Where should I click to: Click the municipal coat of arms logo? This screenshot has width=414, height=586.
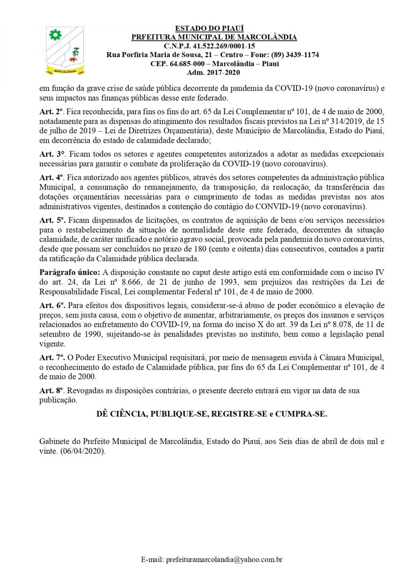64,50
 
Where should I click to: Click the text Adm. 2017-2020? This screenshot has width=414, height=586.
213,72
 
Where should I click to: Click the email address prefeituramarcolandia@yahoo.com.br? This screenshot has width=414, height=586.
224,560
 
